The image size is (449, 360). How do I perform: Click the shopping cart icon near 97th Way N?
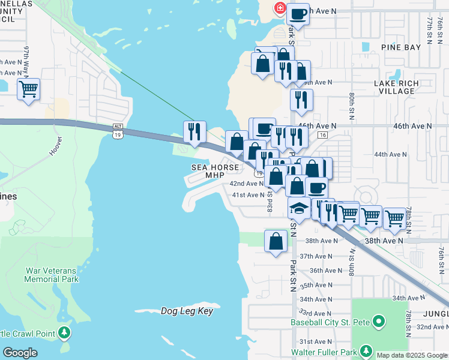click(x=28, y=89)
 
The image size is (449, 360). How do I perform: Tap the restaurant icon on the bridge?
click(x=194, y=131)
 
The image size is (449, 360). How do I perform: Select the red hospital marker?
click(x=279, y=8)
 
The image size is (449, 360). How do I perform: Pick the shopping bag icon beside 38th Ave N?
click(x=276, y=241)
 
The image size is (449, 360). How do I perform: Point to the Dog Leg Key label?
click(x=187, y=311)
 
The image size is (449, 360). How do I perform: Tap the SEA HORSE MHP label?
click(x=215, y=171)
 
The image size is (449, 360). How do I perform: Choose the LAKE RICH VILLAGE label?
click(x=394, y=87)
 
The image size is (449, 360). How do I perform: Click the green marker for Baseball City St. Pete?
click(x=378, y=323)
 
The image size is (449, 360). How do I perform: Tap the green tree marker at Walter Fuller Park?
click(x=366, y=352)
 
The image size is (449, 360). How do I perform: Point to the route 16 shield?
click(x=322, y=136)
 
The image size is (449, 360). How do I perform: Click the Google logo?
click(x=20, y=353)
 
